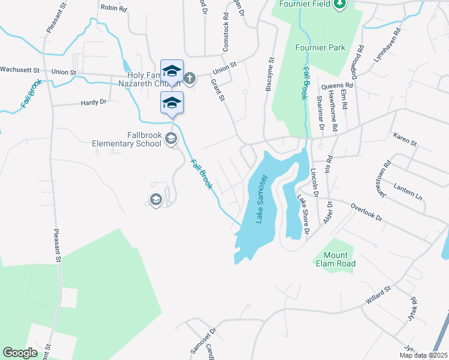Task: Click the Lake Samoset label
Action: [262, 199]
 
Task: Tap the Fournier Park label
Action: [320, 47]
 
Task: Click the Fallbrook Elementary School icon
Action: [170, 139]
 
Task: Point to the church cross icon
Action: [190, 78]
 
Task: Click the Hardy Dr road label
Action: [94, 102]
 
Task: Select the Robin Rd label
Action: [113, 8]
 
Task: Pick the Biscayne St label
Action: [270, 75]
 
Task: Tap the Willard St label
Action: [379, 294]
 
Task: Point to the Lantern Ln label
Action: [408, 192]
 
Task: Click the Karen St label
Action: [405, 140]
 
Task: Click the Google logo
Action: [20, 353]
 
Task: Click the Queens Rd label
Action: [337, 86]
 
